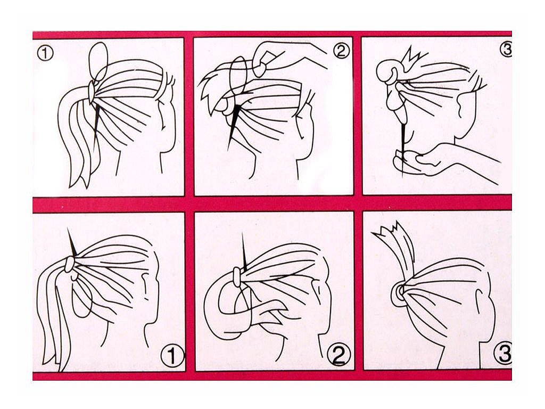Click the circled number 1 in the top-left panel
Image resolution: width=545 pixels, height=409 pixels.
coord(45,54)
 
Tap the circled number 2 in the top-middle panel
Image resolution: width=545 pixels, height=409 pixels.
coord(341,51)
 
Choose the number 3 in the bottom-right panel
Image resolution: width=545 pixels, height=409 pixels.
coord(503,354)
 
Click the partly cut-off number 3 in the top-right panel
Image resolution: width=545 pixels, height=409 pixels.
coord(506,50)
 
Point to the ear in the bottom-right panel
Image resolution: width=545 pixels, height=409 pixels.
coord(484,306)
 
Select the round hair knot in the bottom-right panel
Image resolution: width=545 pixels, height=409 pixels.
coord(399,291)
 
